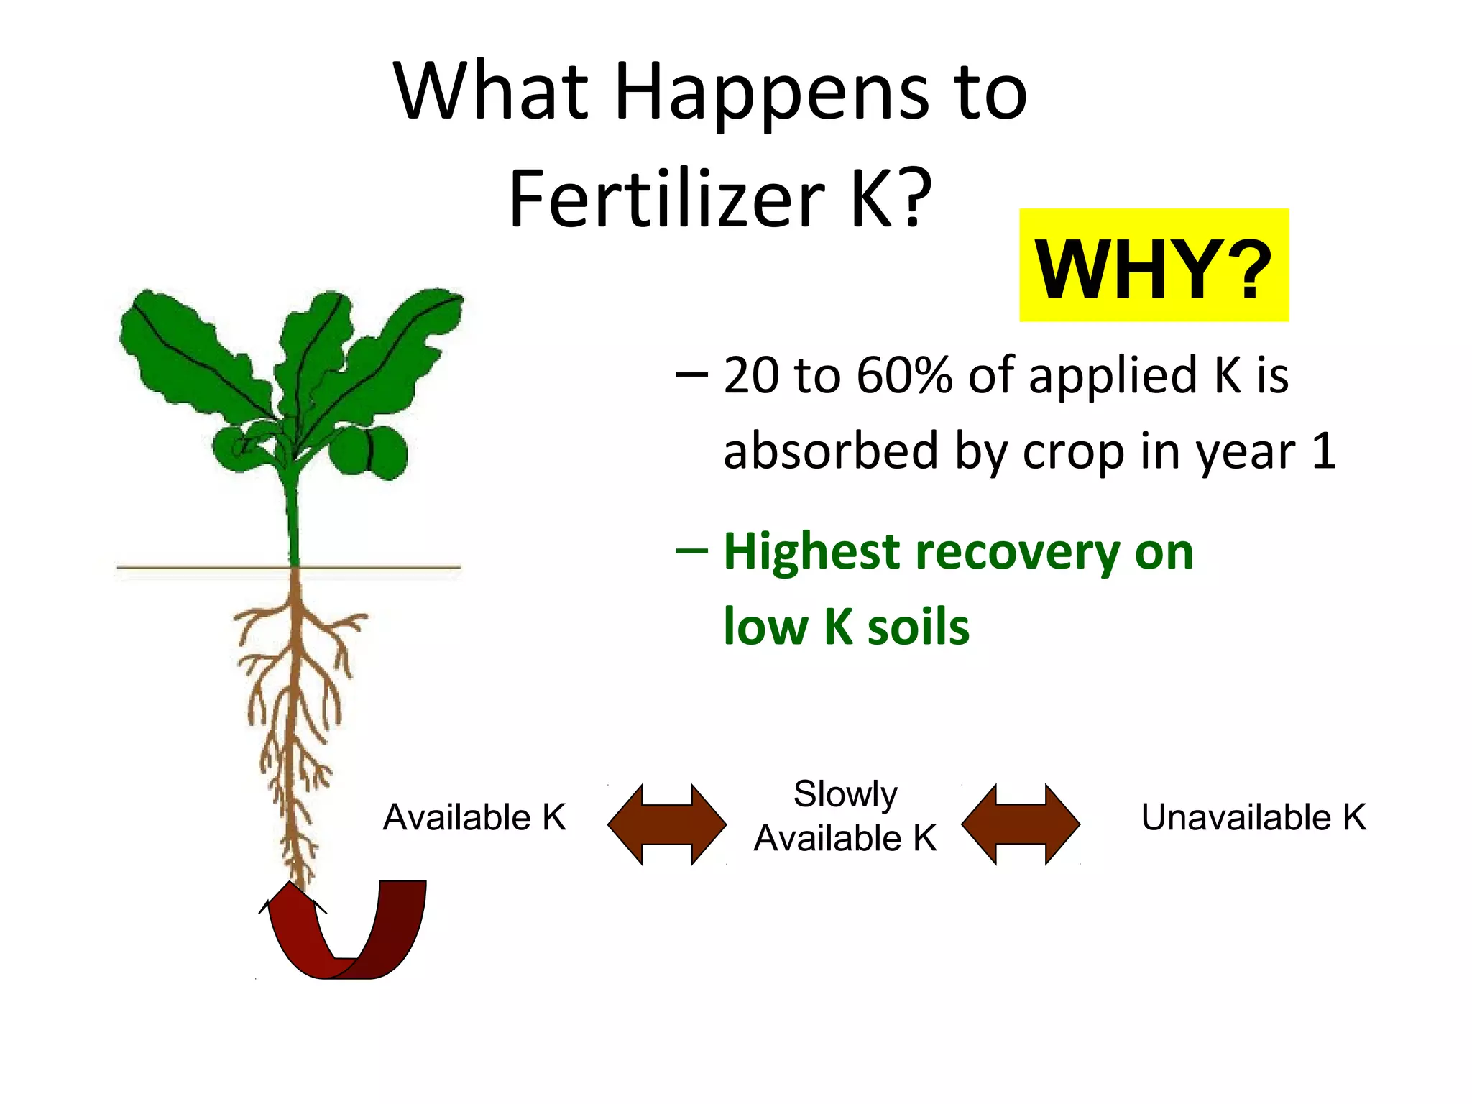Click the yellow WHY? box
pos(1154,266)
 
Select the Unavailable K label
pos(1253,817)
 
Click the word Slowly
pos(845,794)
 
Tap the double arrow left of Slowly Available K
pos(666,824)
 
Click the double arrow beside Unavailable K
pos(1020,824)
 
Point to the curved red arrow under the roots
pos(345,934)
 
